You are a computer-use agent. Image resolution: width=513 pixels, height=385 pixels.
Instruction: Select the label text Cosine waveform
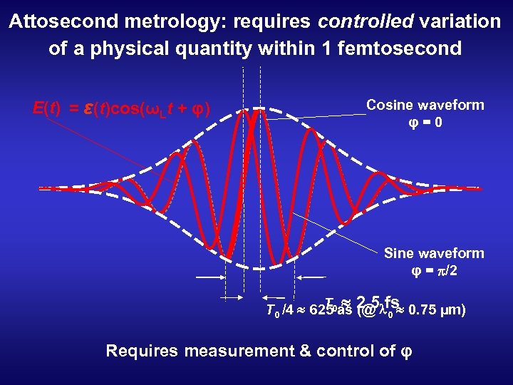pyautogui.click(x=425, y=105)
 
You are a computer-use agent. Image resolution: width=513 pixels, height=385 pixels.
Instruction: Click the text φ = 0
pyautogui.click(x=425, y=122)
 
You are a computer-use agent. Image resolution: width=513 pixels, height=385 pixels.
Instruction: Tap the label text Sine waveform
pyautogui.click(x=434, y=253)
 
